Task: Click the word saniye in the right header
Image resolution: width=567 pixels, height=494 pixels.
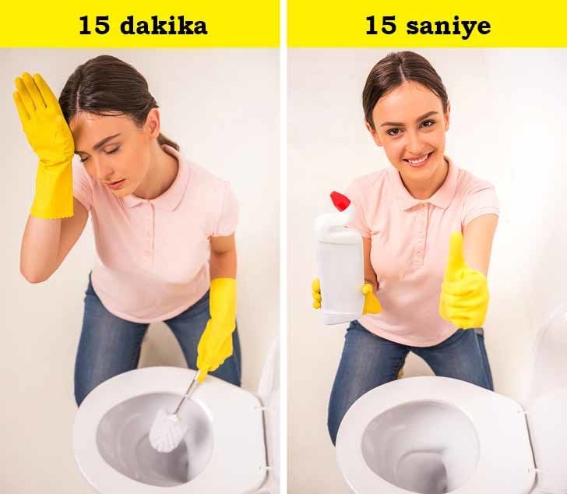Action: pyautogui.click(x=449, y=26)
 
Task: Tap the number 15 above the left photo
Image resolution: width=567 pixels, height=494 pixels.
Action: pyautogui.click(x=93, y=26)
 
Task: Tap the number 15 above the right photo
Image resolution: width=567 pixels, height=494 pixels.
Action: pyautogui.click(x=381, y=26)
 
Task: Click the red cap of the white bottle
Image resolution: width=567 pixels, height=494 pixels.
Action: pyautogui.click(x=340, y=201)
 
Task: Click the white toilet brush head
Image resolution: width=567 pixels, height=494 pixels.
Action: pyautogui.click(x=168, y=431)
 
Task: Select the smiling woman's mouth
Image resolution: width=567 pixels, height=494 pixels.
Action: pyautogui.click(x=417, y=159)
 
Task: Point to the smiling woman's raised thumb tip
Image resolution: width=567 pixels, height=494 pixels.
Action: pyautogui.click(x=455, y=237)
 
